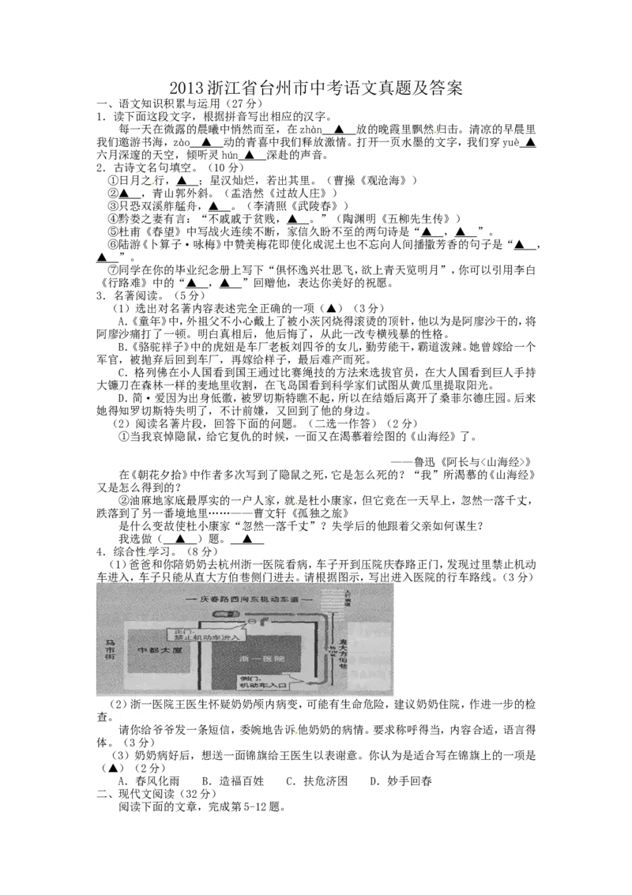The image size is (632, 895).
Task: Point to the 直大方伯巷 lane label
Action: coord(343,652)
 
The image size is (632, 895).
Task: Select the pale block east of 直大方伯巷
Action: coord(369,652)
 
